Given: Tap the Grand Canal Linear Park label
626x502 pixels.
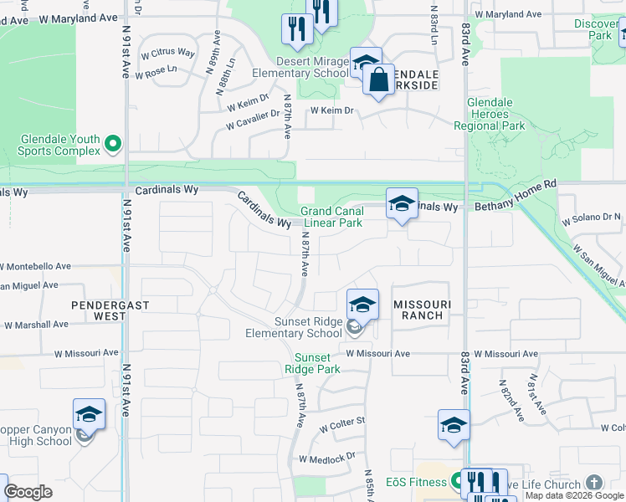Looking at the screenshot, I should [332, 218].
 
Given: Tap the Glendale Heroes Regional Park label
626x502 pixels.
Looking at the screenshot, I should [490, 115].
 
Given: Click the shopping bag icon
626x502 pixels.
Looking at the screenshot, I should [379, 80].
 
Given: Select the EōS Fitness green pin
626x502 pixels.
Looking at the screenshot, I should [456, 482].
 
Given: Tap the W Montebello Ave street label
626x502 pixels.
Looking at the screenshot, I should [35, 266].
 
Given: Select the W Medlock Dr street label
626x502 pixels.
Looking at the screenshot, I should [327, 457].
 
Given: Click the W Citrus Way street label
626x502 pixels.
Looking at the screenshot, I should [167, 53].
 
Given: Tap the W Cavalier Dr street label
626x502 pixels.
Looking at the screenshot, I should [251, 120].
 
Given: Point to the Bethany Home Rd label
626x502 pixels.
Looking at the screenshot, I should [516, 206].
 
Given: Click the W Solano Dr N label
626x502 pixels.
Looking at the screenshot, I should [593, 218].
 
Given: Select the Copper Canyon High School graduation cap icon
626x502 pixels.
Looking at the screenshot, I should [89, 415].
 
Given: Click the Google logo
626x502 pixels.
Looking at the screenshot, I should [28, 492].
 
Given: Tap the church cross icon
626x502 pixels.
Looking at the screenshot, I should [593, 483].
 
